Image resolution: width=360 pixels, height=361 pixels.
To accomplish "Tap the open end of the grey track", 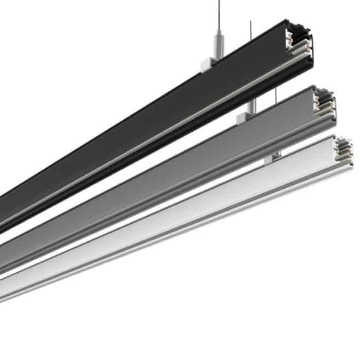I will pyautogui.click(x=323, y=104).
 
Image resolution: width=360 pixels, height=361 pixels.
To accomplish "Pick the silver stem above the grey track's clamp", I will pyautogui.click(x=253, y=108).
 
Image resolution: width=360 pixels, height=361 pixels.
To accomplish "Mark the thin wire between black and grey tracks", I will pyautogui.click(x=276, y=95).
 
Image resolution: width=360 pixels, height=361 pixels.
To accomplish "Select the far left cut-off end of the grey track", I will pyautogui.click(x=3, y=258).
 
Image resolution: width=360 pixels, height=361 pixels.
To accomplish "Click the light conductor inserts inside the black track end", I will pyautogui.click(x=290, y=41).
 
